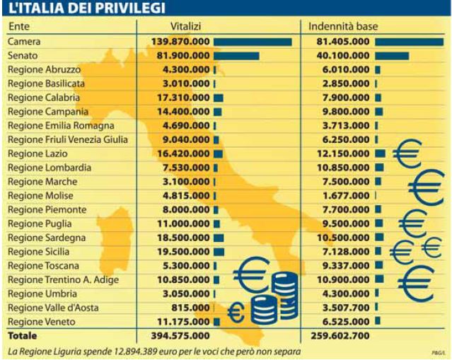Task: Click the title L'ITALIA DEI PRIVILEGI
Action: pyautogui.click(x=87, y=8)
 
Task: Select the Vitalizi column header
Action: pyautogui.click(x=185, y=26)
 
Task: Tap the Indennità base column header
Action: pyautogui.click(x=343, y=26)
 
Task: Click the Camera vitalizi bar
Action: pyautogui.click(x=253, y=42)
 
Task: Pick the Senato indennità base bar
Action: pyautogui.click(x=392, y=56)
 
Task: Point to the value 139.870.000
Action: pyautogui.click(x=181, y=42)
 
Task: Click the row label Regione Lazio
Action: pyautogui.click(x=37, y=153)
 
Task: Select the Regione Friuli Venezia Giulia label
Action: pyautogui.click(x=68, y=139)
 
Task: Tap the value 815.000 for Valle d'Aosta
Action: pyautogui.click(x=190, y=308)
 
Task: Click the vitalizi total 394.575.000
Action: pyautogui.click(x=180, y=335)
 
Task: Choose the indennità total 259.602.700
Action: pyautogui.click(x=340, y=335)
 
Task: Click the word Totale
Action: pyautogui.click(x=23, y=336)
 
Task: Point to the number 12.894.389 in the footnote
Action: pyautogui.click(x=138, y=352)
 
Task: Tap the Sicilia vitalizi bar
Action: pyautogui.click(x=219, y=252)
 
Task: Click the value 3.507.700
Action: pyautogui.click(x=346, y=308)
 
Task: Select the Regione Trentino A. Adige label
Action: pyautogui.click(x=63, y=280)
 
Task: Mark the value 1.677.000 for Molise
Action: pyautogui.click(x=346, y=196)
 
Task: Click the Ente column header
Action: pyautogui.click(x=19, y=26)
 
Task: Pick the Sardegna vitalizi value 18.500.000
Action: pyautogui.click(x=183, y=238)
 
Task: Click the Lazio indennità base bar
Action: pyautogui.click(x=381, y=153)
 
